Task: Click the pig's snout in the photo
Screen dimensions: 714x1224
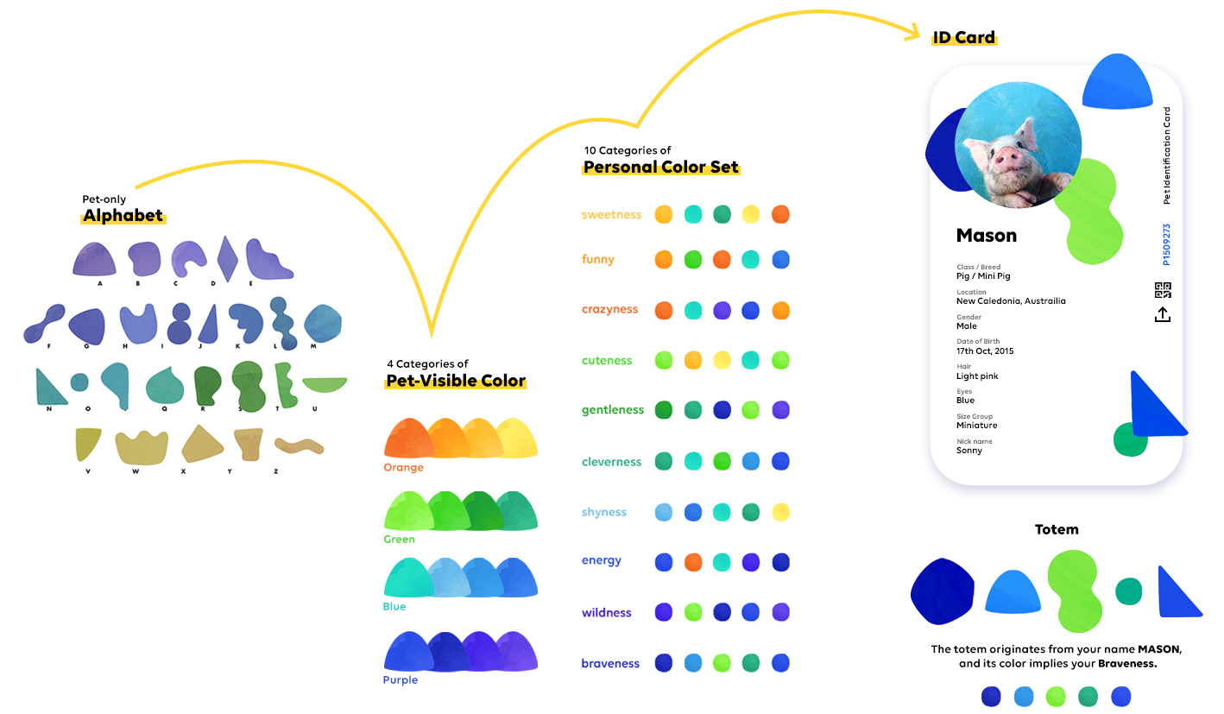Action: coord(1005,159)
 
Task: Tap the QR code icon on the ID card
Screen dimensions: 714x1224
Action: coord(1163,290)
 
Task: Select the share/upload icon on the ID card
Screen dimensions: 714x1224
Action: coord(1163,314)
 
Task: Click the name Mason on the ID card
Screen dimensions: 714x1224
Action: coord(987,235)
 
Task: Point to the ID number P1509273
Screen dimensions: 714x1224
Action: coord(1166,245)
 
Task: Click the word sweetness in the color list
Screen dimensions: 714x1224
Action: coord(611,214)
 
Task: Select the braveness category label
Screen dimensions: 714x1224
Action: coord(610,663)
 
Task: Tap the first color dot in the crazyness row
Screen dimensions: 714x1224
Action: coord(664,310)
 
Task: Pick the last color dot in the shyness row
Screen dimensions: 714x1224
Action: coord(780,512)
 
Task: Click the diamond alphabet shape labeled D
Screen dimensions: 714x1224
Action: coord(227,257)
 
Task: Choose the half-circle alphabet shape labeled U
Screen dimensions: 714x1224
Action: coord(324,384)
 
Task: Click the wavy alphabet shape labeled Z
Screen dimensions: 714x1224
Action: coord(299,445)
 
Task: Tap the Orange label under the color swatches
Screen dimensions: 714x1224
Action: coord(403,467)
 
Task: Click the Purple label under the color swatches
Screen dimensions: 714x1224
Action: coord(400,679)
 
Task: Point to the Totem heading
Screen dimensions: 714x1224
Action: coord(1057,529)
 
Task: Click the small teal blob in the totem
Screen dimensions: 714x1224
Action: coord(1128,591)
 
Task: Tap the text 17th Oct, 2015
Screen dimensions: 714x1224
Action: coord(985,351)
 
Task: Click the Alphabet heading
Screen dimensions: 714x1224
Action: coord(123,215)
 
